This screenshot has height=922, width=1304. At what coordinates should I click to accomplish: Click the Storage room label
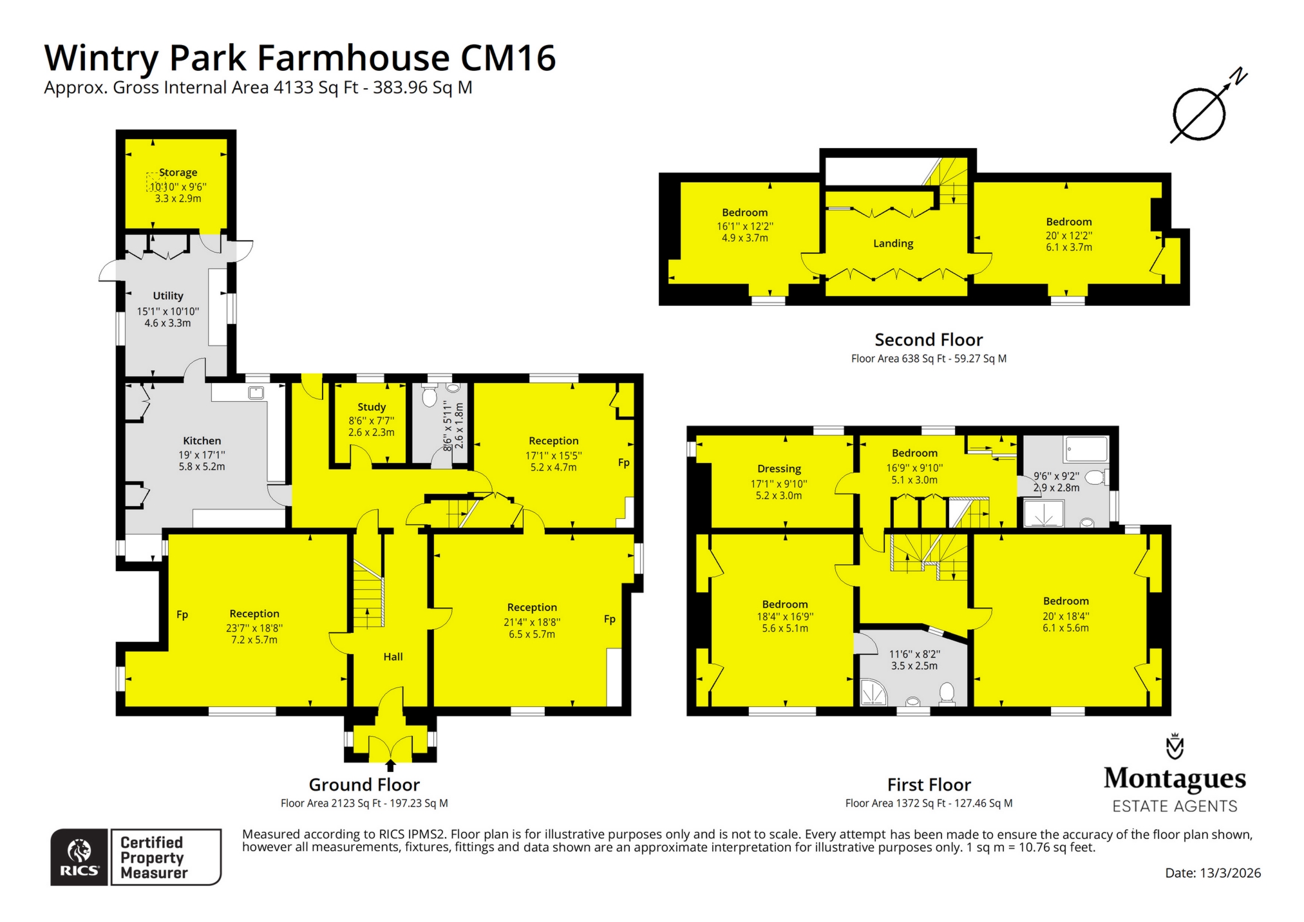click(x=178, y=173)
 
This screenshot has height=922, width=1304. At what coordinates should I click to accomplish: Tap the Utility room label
click(x=168, y=296)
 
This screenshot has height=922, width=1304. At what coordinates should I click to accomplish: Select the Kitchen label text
click(x=202, y=441)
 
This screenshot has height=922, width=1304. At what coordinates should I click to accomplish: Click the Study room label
click(x=372, y=407)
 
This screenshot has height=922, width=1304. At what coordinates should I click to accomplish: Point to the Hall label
click(x=393, y=657)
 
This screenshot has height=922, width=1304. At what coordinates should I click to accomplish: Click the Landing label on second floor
click(x=893, y=243)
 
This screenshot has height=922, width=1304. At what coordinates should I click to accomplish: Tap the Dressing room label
click(x=779, y=469)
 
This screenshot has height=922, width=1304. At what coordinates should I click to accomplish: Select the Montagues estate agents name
click(x=1175, y=779)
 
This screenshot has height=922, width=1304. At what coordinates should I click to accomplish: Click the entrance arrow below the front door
click(x=390, y=765)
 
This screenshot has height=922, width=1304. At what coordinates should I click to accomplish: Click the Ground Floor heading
click(x=364, y=785)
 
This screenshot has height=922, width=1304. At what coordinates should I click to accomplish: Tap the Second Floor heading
click(x=928, y=340)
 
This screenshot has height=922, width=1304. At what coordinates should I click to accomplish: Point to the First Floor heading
click(x=929, y=785)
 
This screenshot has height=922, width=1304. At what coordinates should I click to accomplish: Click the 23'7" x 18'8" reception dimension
click(x=254, y=628)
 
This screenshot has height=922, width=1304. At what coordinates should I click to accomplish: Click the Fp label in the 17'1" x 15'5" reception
click(x=623, y=462)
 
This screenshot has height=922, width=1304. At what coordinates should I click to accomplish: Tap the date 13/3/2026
click(x=1229, y=873)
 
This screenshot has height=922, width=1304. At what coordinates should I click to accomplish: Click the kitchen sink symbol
click(x=256, y=392)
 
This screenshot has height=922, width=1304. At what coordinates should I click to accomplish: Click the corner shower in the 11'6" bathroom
click(x=874, y=693)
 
